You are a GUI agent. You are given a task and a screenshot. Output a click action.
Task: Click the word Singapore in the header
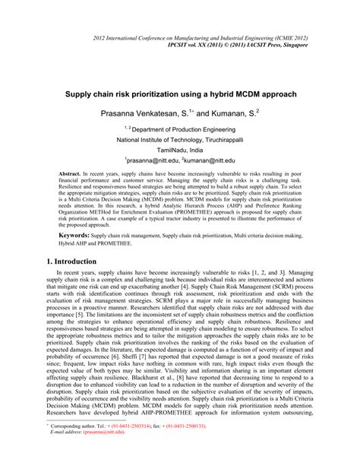click(x=292, y=46)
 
